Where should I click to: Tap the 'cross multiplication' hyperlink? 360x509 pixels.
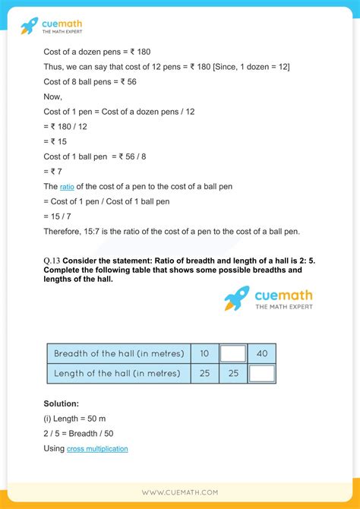click(97, 449)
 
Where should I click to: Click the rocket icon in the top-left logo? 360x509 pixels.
click(29, 26)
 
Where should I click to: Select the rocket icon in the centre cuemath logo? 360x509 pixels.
click(237, 298)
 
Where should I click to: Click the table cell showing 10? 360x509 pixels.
click(204, 353)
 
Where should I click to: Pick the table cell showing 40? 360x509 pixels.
click(261, 353)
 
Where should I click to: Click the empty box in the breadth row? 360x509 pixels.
click(232, 353)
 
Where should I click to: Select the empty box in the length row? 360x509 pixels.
click(261, 373)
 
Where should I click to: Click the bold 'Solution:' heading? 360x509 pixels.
click(62, 403)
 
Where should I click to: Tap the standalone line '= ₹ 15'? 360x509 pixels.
click(58, 141)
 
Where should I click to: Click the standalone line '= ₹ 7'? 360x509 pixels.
click(55, 171)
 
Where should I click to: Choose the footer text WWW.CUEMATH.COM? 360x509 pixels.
click(179, 492)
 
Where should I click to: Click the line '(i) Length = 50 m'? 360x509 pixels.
click(80, 419)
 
